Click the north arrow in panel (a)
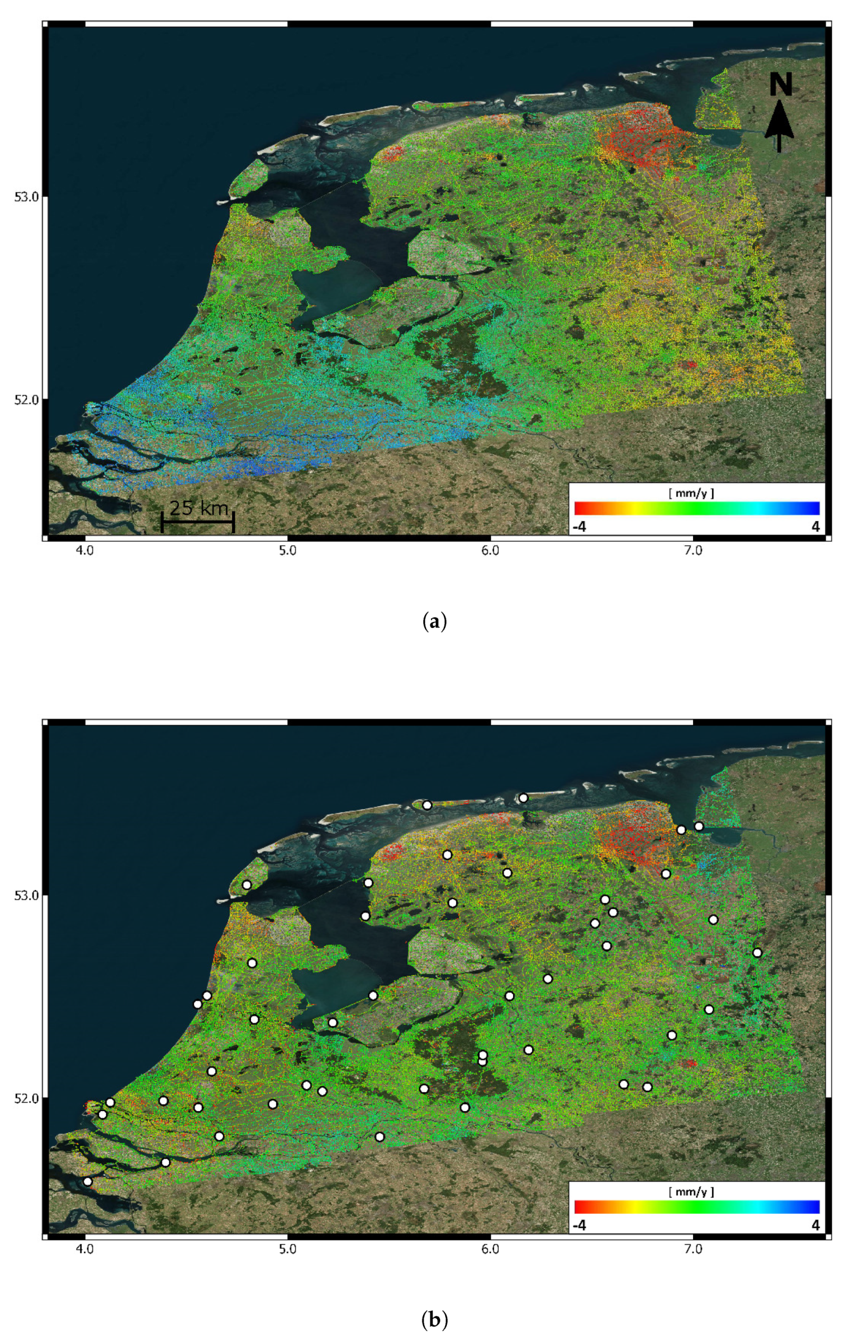[x=779, y=127]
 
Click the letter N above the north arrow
[x=780, y=85]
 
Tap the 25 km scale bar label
[x=198, y=507]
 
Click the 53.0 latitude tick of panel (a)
[x=26, y=197]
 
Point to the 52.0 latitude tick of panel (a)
[x=26, y=399]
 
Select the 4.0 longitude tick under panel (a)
[x=85, y=551]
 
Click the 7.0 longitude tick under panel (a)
[x=692, y=551]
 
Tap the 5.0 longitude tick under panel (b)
[x=288, y=1249]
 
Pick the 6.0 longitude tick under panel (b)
[x=490, y=1249]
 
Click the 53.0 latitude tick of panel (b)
[x=26, y=895]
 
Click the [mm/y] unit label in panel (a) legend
[x=691, y=493]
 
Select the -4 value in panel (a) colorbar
[x=579, y=526]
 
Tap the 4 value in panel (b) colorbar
[x=815, y=1225]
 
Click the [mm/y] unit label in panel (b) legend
[x=691, y=1192]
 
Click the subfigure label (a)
[x=435, y=621]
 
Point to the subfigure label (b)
[x=435, y=1319]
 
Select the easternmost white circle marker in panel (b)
[x=757, y=953]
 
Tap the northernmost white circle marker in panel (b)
[x=523, y=798]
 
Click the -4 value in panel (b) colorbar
[x=579, y=1225]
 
